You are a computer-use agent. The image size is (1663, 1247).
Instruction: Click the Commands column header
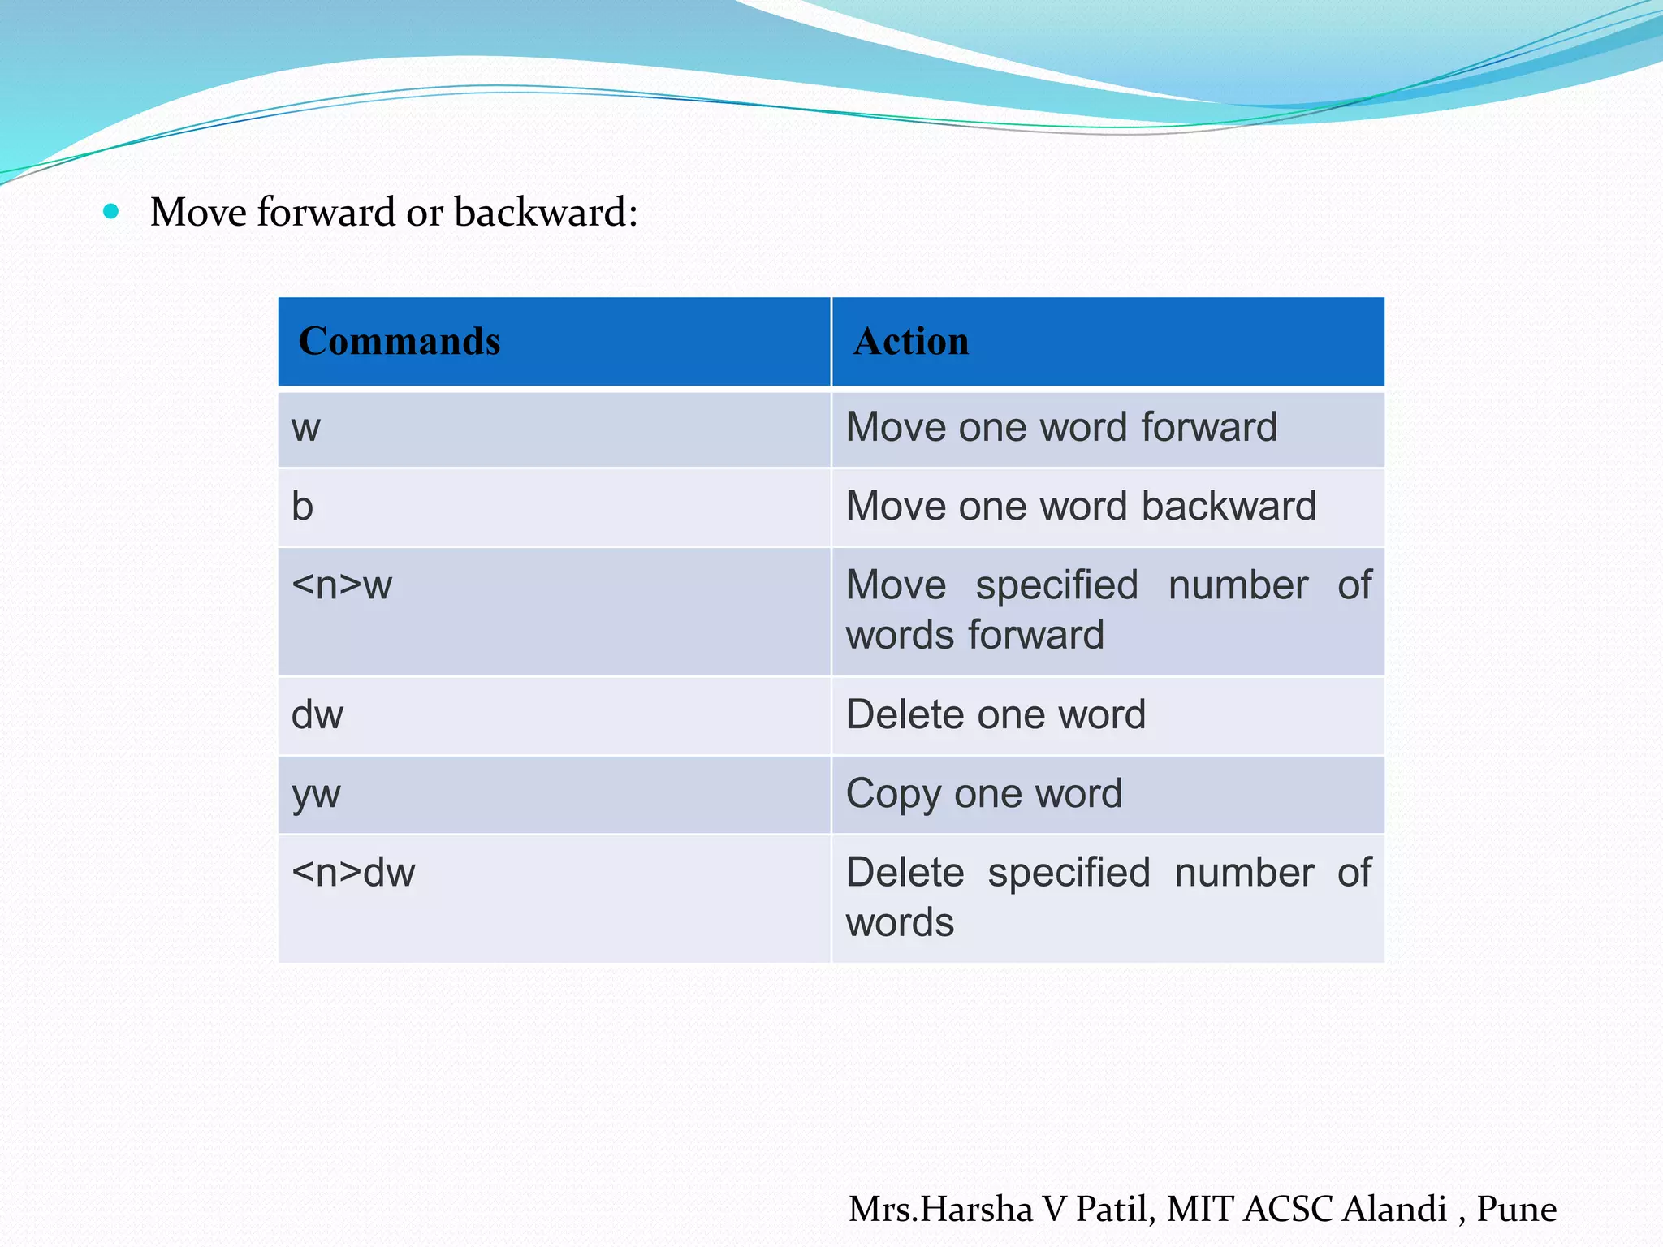400,341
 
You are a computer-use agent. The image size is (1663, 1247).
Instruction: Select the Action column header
911,341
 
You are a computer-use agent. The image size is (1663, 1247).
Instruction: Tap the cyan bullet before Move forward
111,213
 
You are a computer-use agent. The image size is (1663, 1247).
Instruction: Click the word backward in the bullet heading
545,213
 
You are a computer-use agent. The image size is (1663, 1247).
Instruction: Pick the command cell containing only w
306,428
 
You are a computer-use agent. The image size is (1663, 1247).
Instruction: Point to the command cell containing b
302,507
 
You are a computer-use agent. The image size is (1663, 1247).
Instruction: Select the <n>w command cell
342,585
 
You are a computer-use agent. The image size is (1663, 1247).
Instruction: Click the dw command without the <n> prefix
317,715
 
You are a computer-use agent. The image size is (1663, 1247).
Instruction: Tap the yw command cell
316,794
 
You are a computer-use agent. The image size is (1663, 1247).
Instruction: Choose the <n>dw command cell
353,873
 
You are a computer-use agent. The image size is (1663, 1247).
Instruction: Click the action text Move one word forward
1061,427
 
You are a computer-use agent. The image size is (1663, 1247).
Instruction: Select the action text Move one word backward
1081,506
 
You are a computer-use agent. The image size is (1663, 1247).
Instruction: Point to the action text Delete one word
996,714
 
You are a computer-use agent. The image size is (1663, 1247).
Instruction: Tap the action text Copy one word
984,793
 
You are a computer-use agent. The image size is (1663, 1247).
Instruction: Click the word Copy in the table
893,793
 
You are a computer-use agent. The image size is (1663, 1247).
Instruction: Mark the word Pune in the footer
1516,1209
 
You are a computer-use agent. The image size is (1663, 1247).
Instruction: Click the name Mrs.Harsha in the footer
940,1209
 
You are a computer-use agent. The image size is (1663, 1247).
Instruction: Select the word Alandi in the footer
1394,1209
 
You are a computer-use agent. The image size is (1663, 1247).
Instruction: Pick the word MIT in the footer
1201,1209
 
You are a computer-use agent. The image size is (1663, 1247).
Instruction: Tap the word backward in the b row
1229,506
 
